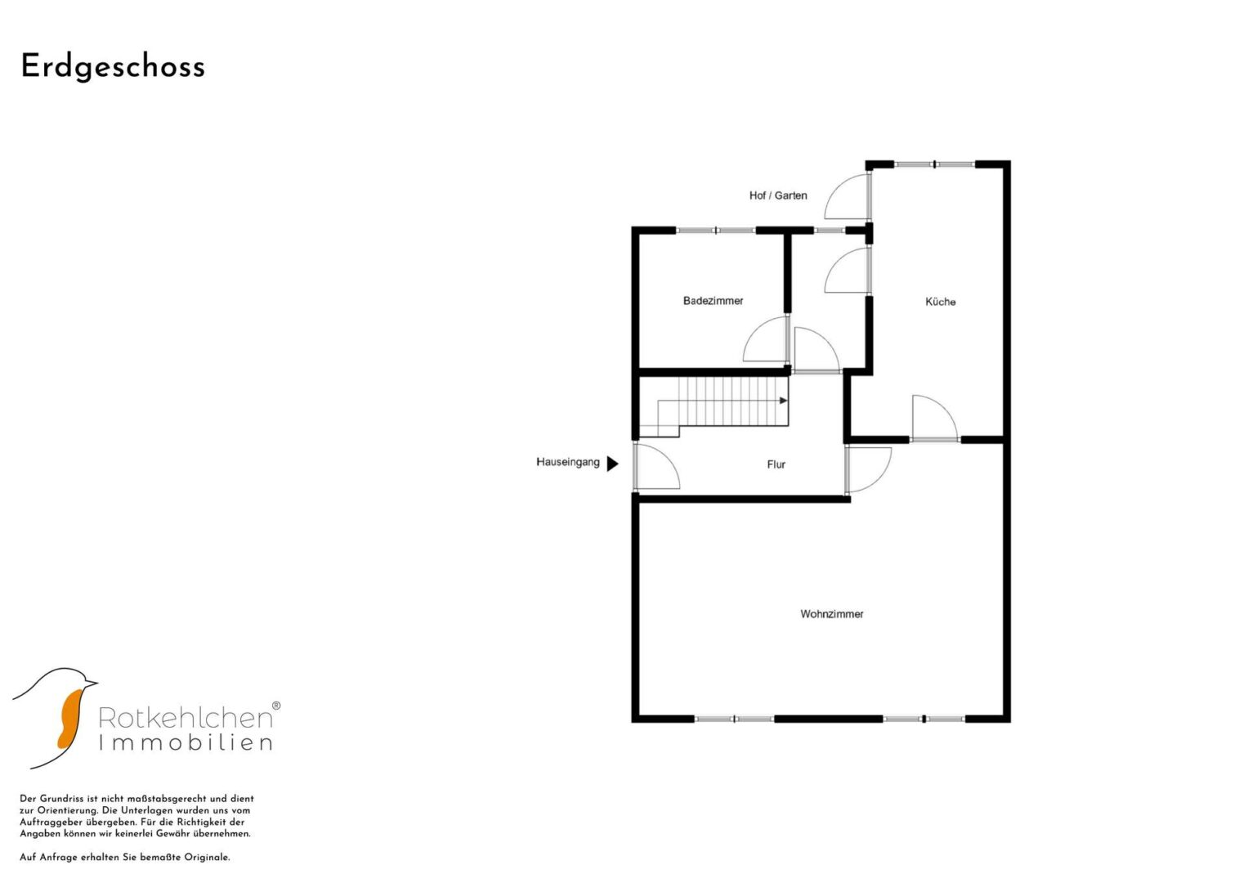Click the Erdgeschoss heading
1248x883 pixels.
[113, 67]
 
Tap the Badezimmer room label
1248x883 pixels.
[713, 301]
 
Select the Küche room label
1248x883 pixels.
[941, 302]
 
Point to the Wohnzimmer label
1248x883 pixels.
[832, 614]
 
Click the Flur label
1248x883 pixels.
[776, 464]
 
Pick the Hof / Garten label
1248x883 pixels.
[778, 195]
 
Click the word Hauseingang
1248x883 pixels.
[568, 462]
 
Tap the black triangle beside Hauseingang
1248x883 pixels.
[612, 464]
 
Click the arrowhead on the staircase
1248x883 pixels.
[783, 401]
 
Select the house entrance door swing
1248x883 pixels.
[657, 467]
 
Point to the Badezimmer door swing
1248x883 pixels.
[765, 339]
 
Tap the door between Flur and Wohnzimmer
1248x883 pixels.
[868, 470]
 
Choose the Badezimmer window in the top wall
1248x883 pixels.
[717, 231]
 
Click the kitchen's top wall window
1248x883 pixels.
[935, 164]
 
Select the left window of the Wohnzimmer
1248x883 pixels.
[734, 719]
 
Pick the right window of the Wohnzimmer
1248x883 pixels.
[924, 719]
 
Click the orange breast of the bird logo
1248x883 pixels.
[70, 719]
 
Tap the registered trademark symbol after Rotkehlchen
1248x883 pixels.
[275, 706]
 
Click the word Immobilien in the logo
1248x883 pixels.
[186, 742]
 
